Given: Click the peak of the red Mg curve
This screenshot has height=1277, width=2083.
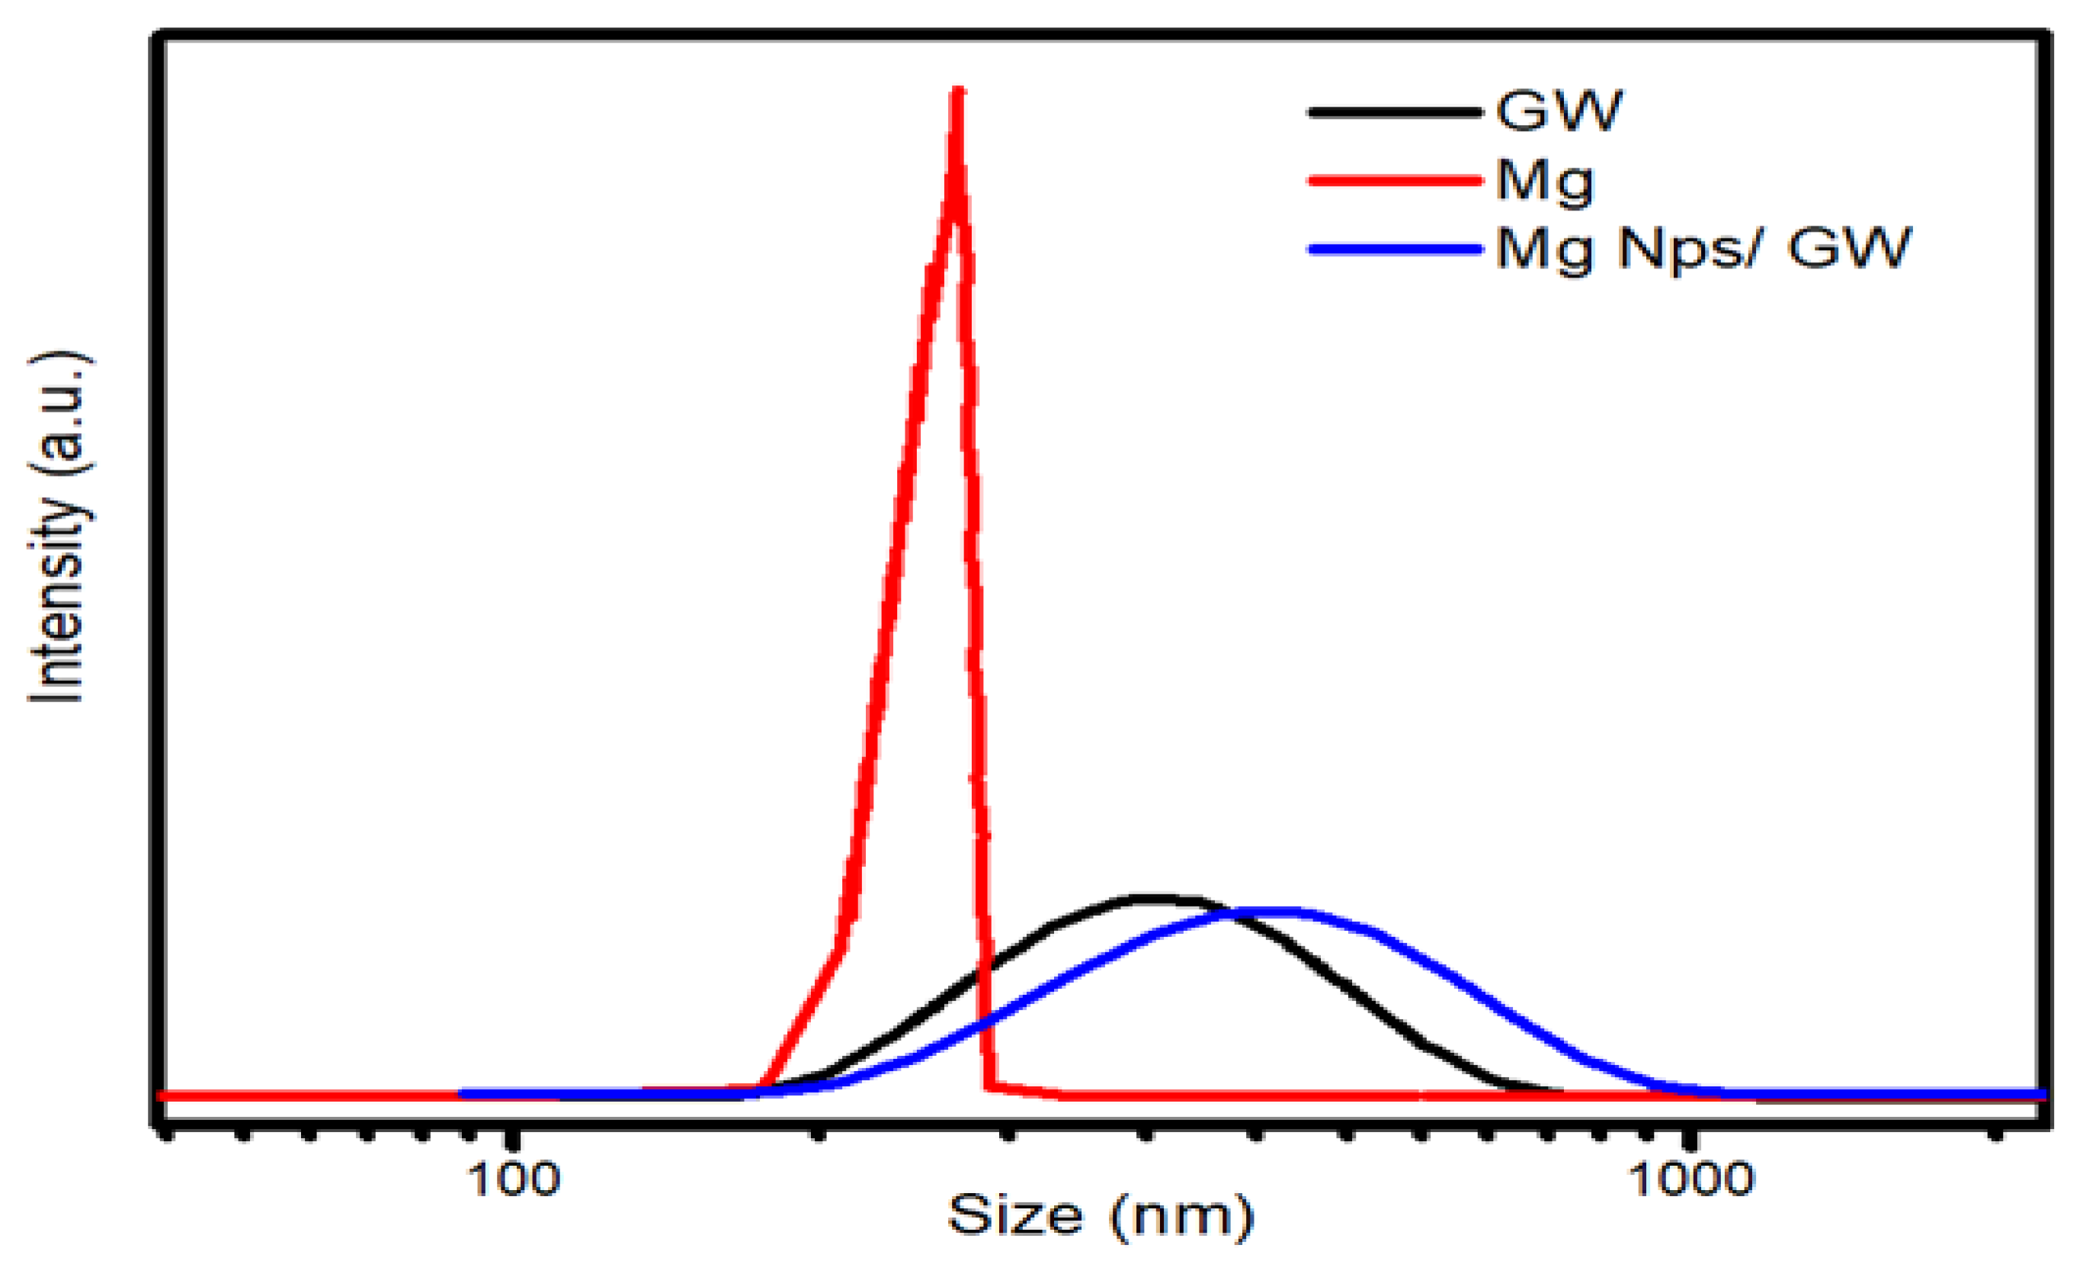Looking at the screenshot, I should point(958,91).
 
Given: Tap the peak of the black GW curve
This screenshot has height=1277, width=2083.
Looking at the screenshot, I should point(1154,899).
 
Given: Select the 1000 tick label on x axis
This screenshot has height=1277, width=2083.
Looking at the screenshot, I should point(1690,1179).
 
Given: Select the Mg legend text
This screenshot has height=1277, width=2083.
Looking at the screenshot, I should point(1544,180).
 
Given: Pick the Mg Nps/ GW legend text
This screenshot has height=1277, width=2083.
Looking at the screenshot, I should point(1703,249).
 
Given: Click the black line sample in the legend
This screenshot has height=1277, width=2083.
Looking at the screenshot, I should point(1395,111).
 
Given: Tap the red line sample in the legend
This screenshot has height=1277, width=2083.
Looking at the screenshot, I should point(1395,180).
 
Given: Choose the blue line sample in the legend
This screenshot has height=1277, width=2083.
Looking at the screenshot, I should point(1395,249).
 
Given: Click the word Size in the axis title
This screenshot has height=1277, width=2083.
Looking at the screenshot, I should point(1015,1215).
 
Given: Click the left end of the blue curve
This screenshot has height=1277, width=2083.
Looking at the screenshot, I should point(463,1094).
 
